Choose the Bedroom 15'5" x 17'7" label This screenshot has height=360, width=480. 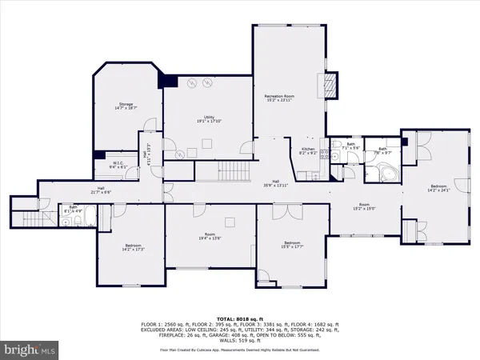291,244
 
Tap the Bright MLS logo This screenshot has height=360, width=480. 30,349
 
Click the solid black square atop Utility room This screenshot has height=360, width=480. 168,79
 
